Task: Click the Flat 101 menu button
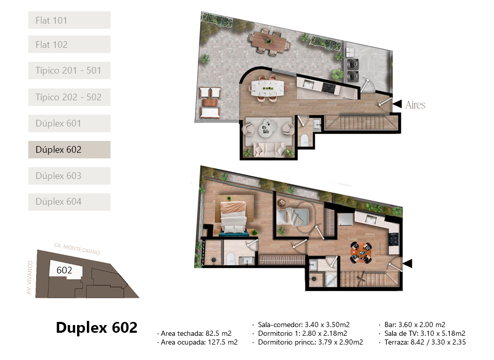point(69,20)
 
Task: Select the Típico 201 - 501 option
point(69,70)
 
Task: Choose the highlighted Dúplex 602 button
point(69,150)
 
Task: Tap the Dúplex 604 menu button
point(69,202)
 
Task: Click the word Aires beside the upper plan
point(415,105)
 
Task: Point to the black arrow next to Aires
point(397,104)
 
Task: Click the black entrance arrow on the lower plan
point(407,263)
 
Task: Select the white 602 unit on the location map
point(65,270)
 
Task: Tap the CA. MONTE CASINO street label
point(77,249)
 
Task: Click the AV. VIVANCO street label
point(30,277)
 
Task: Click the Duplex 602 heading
point(97,328)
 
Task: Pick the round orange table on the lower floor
point(361,252)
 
